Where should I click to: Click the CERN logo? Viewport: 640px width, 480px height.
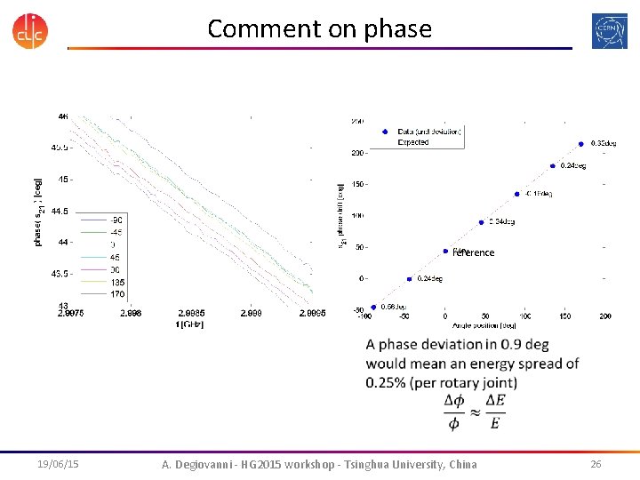[609, 29]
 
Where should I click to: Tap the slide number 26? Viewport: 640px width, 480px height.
[596, 464]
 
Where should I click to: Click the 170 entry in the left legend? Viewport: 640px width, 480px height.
[116, 292]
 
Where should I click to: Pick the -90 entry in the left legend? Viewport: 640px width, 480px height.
[116, 220]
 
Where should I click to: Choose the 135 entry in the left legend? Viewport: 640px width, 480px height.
[116, 281]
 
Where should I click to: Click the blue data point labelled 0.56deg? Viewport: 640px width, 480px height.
[374, 307]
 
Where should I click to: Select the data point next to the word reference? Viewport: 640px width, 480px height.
[445, 251]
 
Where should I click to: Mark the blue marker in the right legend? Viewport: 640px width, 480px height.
[385, 132]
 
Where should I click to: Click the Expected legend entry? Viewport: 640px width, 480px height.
[413, 142]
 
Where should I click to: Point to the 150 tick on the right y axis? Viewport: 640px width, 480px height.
[356, 184]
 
